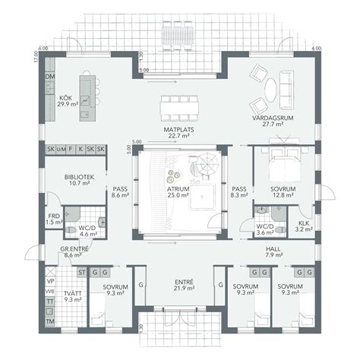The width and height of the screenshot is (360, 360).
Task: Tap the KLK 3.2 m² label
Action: (x=303, y=223)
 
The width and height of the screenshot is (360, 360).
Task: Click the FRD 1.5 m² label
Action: (x=53, y=219)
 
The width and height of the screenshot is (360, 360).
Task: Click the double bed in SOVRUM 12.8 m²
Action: (x=277, y=163)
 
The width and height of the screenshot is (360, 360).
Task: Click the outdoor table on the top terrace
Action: (x=180, y=35)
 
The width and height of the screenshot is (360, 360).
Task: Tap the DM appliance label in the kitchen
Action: (x=50, y=77)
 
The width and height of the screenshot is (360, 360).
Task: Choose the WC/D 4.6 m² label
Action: (x=89, y=229)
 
